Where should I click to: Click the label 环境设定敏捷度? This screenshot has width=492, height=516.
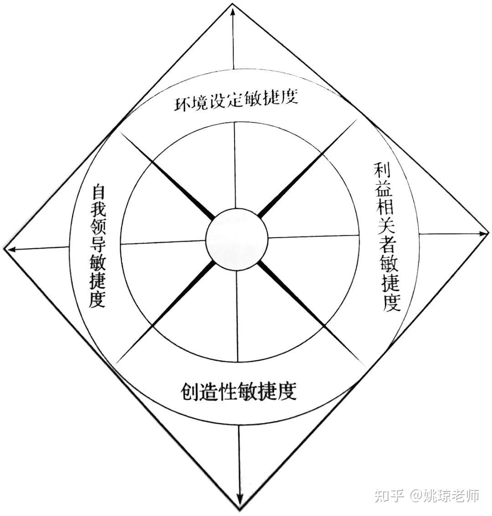click(x=236, y=101)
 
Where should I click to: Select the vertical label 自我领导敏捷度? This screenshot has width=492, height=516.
click(x=97, y=246)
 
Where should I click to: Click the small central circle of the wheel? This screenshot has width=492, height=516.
click(x=236, y=239)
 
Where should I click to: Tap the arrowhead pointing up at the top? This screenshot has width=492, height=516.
click(x=233, y=11)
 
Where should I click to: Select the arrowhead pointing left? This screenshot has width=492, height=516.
click(x=9, y=248)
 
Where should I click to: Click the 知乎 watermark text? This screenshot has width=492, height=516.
click(x=389, y=495)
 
